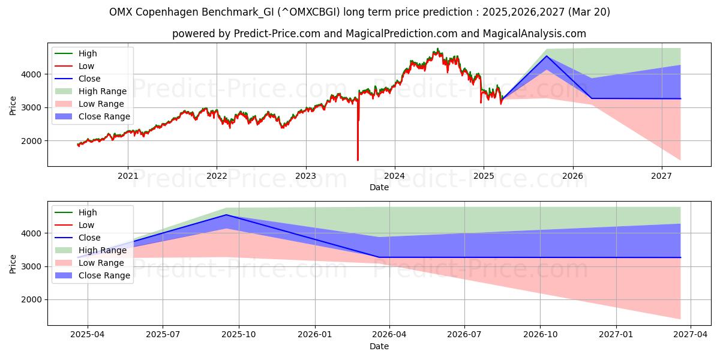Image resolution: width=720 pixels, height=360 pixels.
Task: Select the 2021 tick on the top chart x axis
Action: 127,175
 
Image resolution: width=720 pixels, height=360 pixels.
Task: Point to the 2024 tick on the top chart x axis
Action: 394,175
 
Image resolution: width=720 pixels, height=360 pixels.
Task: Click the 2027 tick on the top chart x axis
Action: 662,175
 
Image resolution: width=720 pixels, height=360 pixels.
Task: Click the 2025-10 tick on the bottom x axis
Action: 238,334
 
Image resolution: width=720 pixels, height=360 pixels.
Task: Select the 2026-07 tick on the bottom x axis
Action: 464,334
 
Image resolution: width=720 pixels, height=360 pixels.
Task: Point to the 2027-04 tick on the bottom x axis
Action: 691,334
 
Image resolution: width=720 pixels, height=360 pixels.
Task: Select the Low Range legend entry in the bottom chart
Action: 101,263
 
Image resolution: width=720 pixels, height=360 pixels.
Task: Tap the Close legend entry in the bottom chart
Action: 89,238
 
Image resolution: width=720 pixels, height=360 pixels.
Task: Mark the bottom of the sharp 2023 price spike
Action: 358,160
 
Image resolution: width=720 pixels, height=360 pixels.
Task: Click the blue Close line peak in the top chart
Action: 546,56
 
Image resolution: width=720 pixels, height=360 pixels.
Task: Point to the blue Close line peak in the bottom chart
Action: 226,215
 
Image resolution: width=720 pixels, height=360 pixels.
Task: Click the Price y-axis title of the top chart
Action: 13,105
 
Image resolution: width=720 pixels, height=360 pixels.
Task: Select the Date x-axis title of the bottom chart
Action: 379,346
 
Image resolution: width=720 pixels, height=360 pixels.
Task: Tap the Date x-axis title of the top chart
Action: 379,187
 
